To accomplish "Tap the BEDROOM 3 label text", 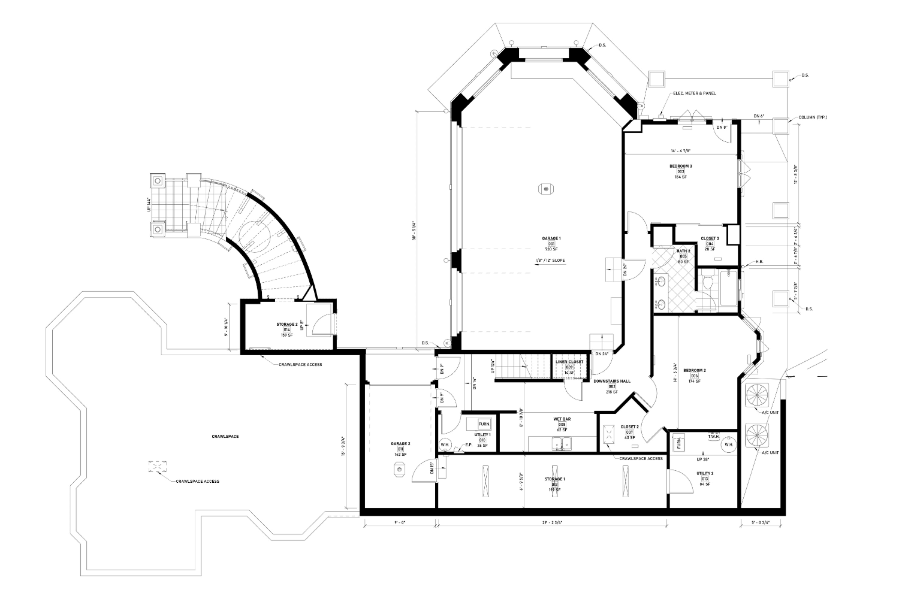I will click(681, 166).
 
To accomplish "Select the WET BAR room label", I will click(562, 420).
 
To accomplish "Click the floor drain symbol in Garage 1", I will click(546, 189).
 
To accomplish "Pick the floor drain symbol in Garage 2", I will click(399, 471).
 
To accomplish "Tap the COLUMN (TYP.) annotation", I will click(812, 117).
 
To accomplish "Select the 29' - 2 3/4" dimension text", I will click(553, 522).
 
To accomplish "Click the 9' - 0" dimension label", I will click(400, 522).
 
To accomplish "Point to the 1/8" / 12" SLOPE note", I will click(551, 261).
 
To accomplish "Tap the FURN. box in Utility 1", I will click(484, 424).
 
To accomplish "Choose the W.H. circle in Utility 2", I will click(729, 445).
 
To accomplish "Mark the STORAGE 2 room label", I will click(286, 325).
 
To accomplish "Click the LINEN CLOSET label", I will click(569, 362).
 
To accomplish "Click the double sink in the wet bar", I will click(562, 444).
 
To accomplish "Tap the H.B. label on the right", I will click(759, 261).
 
